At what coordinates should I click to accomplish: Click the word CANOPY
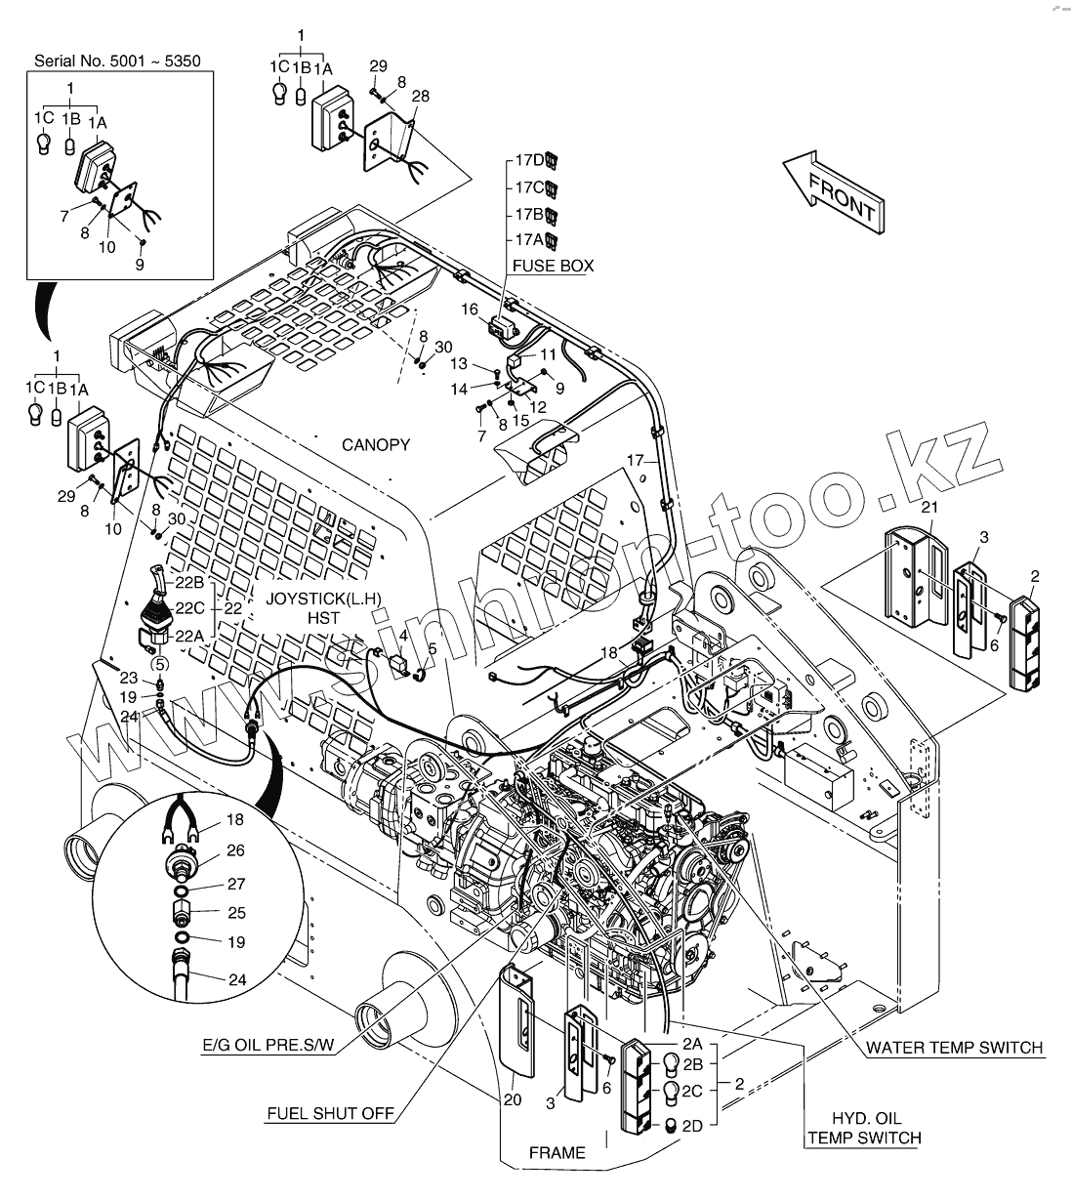pyautogui.click(x=376, y=445)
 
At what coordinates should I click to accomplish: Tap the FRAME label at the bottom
pyautogui.click(x=557, y=1153)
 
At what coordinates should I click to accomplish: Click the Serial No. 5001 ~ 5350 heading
pyautogui.click(x=117, y=61)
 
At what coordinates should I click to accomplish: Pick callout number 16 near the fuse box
pyautogui.click(x=470, y=310)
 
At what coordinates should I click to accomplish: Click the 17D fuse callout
pyautogui.click(x=530, y=159)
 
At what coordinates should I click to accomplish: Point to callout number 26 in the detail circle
pyautogui.click(x=235, y=850)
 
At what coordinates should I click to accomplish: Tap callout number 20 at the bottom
pyautogui.click(x=514, y=1100)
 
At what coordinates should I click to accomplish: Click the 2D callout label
pyautogui.click(x=692, y=1126)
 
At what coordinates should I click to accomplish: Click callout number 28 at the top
pyautogui.click(x=420, y=96)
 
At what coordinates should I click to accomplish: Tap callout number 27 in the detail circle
pyautogui.click(x=235, y=884)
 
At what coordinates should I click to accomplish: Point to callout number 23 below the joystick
pyautogui.click(x=129, y=678)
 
